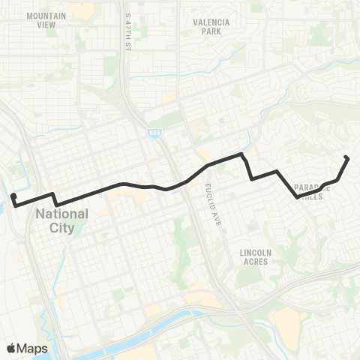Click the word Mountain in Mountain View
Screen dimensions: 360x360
46,15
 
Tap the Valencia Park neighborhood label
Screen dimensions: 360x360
211,27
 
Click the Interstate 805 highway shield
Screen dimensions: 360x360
154,133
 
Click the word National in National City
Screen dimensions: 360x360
62,214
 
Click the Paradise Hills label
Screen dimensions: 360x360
308,191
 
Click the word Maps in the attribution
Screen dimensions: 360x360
33,348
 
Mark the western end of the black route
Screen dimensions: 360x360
13,196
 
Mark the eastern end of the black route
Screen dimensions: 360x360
346,157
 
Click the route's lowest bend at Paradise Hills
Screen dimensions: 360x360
298,197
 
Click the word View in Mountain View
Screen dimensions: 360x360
46,24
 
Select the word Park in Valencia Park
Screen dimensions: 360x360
211,32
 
